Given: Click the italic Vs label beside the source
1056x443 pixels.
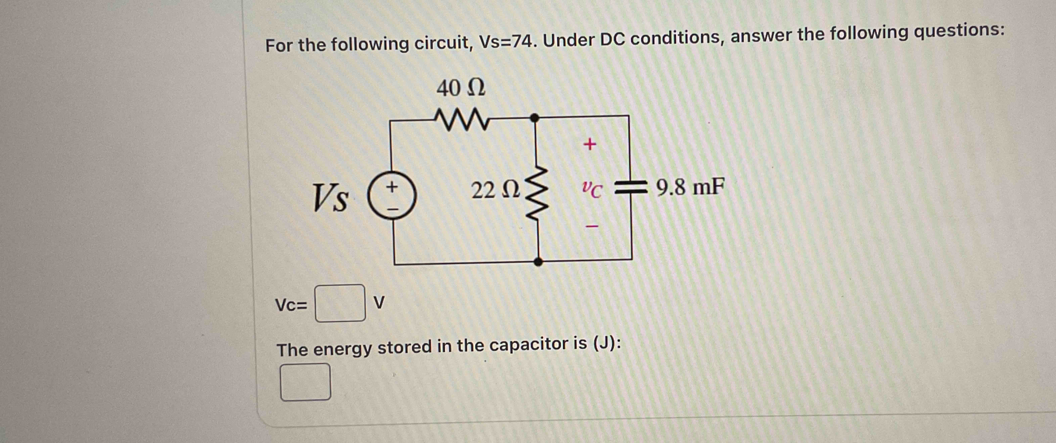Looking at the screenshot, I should pos(330,198).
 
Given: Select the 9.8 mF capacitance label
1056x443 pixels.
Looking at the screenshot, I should pos(690,187).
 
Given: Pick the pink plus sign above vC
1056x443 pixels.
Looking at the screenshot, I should pos(590,144).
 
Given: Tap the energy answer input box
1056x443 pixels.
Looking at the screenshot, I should pos(305,382).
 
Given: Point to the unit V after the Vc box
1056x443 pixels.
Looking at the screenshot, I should pos(379,303).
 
